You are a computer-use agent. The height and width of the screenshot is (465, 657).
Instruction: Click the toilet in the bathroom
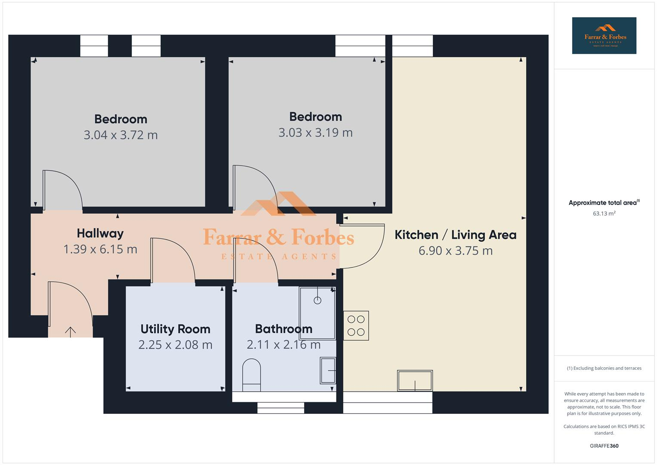[252, 375]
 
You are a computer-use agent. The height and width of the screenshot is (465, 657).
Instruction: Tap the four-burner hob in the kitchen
[356, 325]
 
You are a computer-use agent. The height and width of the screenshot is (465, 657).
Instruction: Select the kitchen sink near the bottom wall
[415, 381]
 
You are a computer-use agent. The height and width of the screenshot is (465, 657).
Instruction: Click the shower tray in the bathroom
[318, 313]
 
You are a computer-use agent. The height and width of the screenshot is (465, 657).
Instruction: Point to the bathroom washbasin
[328, 370]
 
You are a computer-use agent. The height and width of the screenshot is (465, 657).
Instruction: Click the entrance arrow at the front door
[70, 331]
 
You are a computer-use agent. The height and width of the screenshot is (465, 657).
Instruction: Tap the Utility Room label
[175, 329]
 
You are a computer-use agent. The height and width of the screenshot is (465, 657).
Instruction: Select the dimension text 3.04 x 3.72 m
[120, 135]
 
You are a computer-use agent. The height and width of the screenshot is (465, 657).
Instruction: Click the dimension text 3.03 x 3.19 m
[315, 133]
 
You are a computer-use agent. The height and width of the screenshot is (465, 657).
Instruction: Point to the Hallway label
[100, 233]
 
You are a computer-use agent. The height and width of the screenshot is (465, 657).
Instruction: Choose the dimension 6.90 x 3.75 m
[455, 251]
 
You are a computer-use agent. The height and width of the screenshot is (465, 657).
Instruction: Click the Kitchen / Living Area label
[455, 235]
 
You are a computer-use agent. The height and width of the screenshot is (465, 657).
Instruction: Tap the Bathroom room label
[284, 329]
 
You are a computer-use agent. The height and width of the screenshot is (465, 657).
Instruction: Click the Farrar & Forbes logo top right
[604, 36]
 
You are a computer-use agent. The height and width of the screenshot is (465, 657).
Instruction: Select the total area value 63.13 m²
[604, 214]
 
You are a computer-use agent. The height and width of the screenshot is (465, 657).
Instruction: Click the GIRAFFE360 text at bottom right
[604, 446]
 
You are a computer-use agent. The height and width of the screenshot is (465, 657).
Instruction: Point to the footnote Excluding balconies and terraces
[604, 368]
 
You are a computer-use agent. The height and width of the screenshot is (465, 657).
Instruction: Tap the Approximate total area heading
[604, 203]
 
